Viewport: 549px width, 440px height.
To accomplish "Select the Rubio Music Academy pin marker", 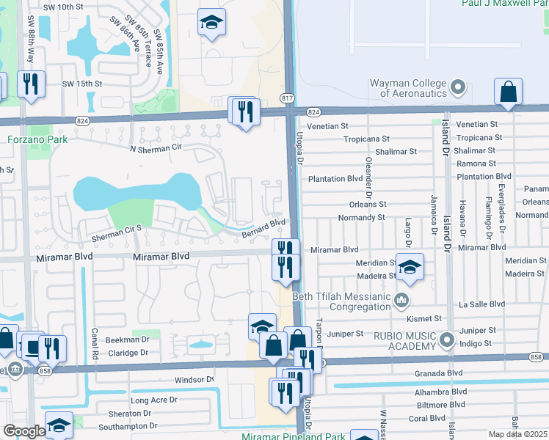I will click(x=447, y=340).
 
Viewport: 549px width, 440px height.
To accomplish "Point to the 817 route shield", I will click(x=287, y=97).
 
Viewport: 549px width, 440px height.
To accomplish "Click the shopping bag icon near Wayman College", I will click(x=508, y=92).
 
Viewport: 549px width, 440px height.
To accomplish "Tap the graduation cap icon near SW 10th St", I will click(x=211, y=23).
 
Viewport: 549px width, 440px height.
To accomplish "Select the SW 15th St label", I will click(x=83, y=84).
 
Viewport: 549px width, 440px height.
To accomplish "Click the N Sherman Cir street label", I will click(x=156, y=149).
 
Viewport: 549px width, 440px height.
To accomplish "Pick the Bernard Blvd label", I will click(x=263, y=228).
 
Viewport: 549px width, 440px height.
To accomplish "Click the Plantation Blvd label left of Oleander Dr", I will click(x=336, y=179).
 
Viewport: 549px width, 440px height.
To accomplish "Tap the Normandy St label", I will click(x=361, y=218).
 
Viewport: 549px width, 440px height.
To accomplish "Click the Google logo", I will click(x=24, y=430).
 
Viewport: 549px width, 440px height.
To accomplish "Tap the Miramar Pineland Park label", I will click(x=294, y=436).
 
